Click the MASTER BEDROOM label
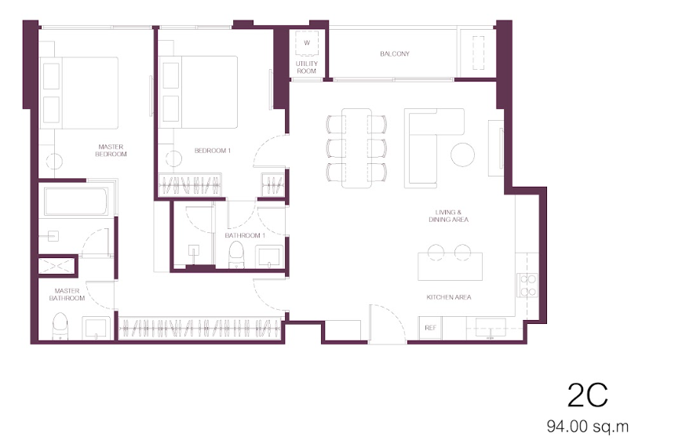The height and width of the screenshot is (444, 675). point(111,150)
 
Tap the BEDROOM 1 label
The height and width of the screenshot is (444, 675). point(213,151)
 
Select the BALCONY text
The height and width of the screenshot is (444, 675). point(395,54)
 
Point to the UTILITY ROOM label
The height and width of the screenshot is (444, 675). point(307,67)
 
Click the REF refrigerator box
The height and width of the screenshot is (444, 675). point(430,328)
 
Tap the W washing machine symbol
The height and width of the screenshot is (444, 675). point(307,43)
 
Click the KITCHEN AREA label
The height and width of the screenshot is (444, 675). point(449,297)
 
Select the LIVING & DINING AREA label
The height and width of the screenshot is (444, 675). point(449,216)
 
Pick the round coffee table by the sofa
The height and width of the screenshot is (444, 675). point(463,155)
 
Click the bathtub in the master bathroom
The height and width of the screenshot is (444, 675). point(76,201)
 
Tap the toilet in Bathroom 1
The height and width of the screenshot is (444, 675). point(236,255)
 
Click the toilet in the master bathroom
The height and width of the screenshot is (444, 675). point(60,326)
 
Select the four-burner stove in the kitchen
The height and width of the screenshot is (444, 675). point(527,286)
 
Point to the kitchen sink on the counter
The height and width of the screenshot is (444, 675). point(491,328)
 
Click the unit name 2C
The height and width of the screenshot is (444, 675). point(587,395)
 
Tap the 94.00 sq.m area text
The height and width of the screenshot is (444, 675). point(588,427)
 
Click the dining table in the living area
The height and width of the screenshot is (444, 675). point(357,148)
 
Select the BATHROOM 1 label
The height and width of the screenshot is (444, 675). point(245,235)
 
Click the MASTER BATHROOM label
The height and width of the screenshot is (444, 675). point(67,294)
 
